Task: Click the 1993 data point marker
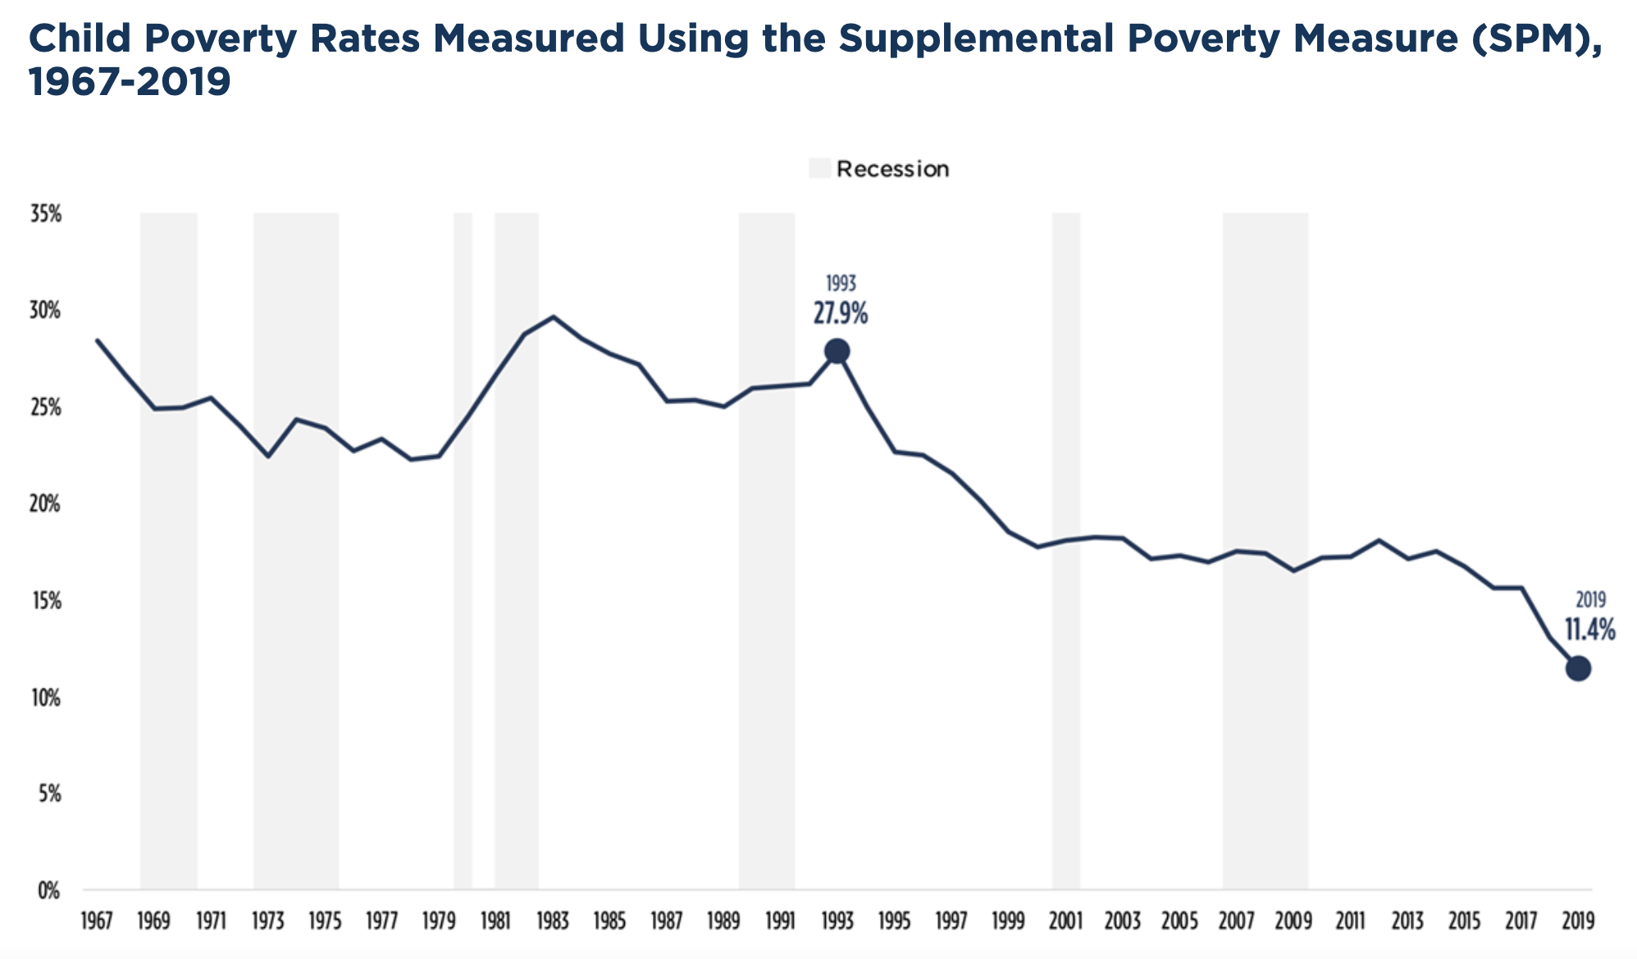click(837, 352)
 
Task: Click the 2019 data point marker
click(1578, 669)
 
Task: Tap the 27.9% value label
click(840, 313)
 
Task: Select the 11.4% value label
click(1589, 630)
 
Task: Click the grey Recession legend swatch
click(819, 169)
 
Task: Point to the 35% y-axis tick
click(46, 215)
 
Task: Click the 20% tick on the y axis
click(46, 505)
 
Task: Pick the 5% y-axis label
click(49, 794)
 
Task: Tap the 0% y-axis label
click(49, 891)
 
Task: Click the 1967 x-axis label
click(96, 921)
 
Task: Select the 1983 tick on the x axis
click(552, 921)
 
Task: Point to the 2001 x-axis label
click(1065, 921)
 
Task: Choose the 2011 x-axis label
click(1350, 921)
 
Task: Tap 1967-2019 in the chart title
click(130, 82)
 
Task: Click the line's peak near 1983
click(554, 316)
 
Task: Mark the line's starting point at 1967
click(97, 339)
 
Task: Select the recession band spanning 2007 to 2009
click(1265, 738)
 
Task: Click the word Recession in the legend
click(892, 169)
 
